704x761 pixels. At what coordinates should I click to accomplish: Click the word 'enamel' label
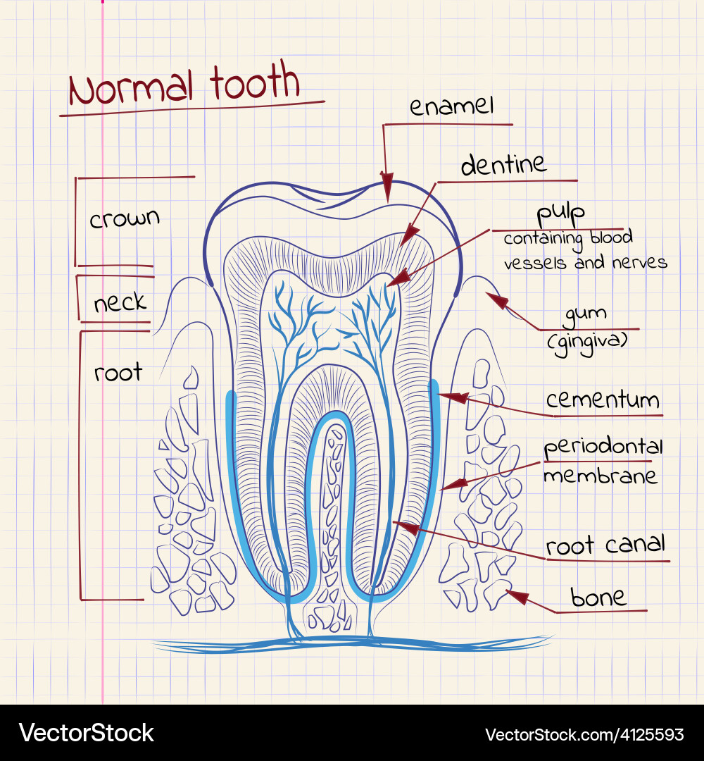pyautogui.click(x=451, y=106)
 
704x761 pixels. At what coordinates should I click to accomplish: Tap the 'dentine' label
pyautogui.click(x=503, y=165)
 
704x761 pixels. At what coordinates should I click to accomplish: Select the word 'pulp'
pyautogui.click(x=560, y=214)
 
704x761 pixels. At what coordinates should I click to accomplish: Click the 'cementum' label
pyautogui.click(x=603, y=400)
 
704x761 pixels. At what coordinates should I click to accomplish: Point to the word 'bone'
pyautogui.click(x=598, y=598)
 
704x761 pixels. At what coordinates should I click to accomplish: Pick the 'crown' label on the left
pyautogui.click(x=125, y=218)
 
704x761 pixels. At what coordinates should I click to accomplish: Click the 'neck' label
pyautogui.click(x=120, y=302)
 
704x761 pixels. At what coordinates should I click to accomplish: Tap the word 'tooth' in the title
pyautogui.click(x=255, y=82)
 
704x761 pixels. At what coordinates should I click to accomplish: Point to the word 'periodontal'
pyautogui.click(x=603, y=447)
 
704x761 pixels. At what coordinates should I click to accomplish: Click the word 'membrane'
pyautogui.click(x=601, y=476)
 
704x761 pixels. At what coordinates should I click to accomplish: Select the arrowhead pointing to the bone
pyautogui.click(x=517, y=597)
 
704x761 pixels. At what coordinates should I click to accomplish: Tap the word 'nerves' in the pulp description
pyautogui.click(x=639, y=263)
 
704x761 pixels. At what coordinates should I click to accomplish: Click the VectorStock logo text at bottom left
pyautogui.click(x=87, y=732)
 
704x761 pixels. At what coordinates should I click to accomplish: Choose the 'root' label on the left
pyautogui.click(x=118, y=372)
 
